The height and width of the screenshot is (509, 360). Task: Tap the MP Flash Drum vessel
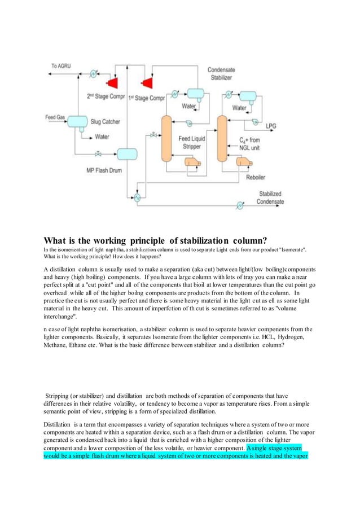click(x=127, y=153)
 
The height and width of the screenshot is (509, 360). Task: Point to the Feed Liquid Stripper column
click(x=166, y=137)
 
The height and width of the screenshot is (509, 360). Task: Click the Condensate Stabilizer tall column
click(x=222, y=137)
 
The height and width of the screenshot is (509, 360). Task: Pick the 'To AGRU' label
click(x=62, y=66)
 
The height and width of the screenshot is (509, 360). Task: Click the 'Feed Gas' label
click(x=55, y=117)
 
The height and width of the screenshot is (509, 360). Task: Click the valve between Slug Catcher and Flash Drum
click(x=99, y=153)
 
